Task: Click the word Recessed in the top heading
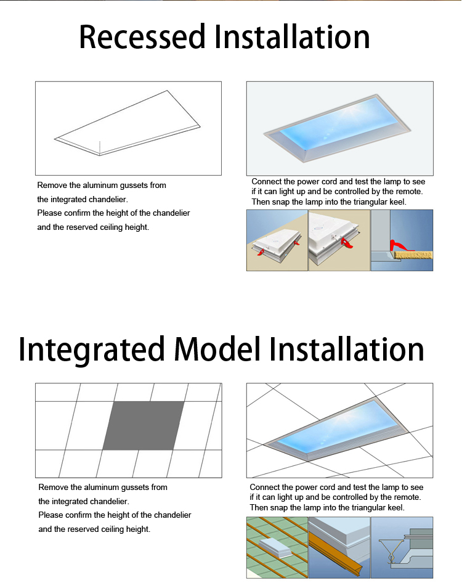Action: point(142,36)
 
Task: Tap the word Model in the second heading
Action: point(217,349)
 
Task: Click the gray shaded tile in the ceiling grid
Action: point(143,426)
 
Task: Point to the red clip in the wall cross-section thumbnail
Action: point(401,246)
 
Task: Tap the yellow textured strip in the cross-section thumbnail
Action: point(414,255)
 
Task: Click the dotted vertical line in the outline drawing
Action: point(100,148)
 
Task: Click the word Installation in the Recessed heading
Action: point(292,36)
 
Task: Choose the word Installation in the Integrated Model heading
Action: point(347,349)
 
